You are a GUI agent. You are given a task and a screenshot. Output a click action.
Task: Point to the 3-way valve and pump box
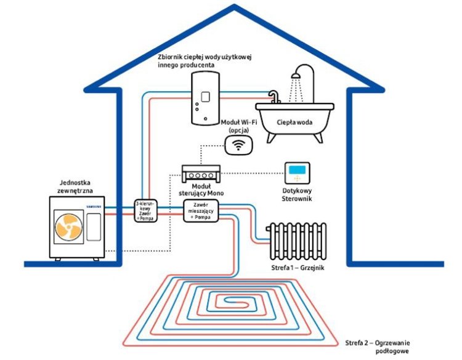[x=146, y=210]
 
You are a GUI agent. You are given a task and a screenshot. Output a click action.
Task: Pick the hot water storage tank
[x=203, y=98]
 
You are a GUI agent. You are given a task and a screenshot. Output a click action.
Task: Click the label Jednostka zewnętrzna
[x=77, y=187]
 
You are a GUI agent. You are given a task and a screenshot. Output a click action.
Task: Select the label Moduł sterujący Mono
[x=203, y=190]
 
